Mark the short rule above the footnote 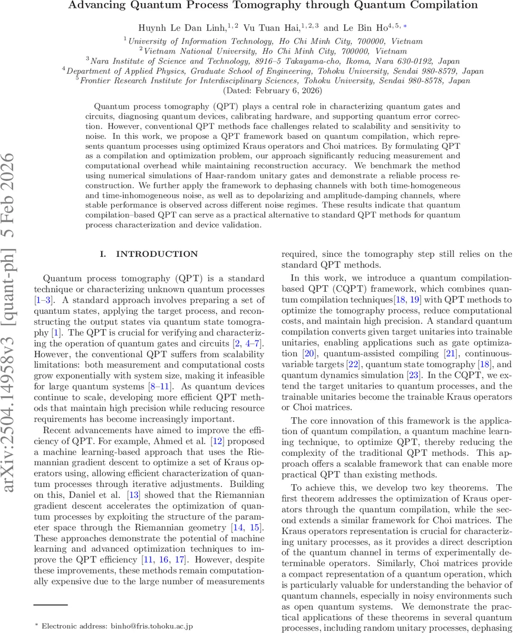click(x=51, y=605)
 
